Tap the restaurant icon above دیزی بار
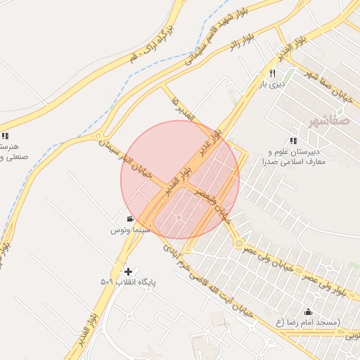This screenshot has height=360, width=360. tap(272, 73)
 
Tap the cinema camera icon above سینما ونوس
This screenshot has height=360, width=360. tap(130, 219)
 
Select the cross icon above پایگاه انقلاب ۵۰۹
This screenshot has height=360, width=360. tap(128, 271)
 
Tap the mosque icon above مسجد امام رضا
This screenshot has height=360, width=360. tap(308, 311)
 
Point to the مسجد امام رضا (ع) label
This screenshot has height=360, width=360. tap(307, 322)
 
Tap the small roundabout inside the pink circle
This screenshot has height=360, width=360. tap(179, 217)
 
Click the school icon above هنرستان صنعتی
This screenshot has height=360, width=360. tap(5, 136)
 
